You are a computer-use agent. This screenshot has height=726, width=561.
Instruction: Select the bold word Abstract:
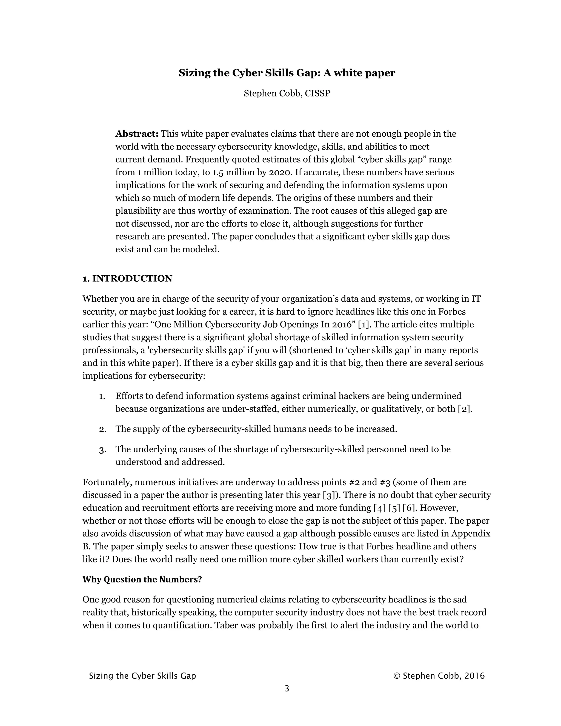[x=137, y=134]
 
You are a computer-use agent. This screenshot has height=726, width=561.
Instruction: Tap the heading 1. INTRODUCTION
[x=127, y=279]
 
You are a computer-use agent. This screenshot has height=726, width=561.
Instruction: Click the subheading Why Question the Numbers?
[x=142, y=579]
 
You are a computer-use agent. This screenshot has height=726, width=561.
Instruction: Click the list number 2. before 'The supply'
[x=103, y=429]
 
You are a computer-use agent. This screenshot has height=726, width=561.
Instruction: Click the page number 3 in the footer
[x=287, y=688]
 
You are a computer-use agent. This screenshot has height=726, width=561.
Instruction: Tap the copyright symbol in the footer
[x=396, y=676]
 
